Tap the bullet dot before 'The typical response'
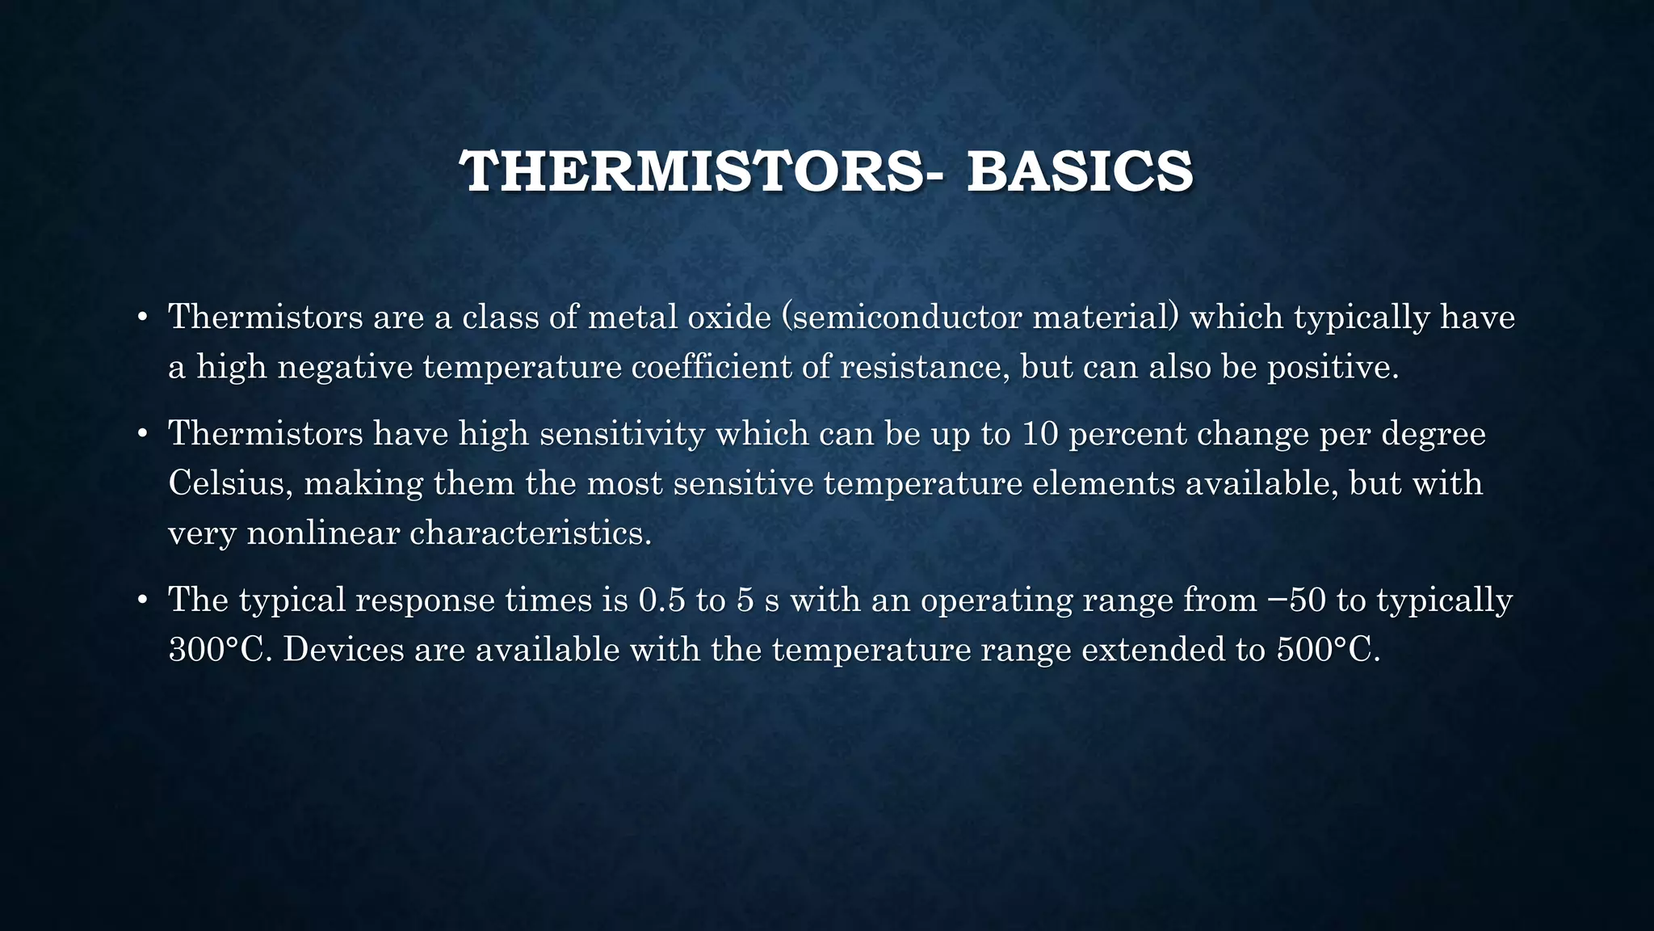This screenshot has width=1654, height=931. tap(141, 600)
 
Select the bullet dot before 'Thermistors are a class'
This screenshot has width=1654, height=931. tap(141, 317)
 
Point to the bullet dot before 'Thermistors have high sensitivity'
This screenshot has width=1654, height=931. tap(141, 434)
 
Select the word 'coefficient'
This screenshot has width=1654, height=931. tap(712, 367)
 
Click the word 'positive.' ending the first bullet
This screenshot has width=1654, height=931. tap(1333, 367)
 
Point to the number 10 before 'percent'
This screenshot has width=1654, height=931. tap(1041, 434)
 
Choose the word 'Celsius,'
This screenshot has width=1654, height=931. tap(231, 483)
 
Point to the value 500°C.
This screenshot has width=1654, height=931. tap(1328, 650)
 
